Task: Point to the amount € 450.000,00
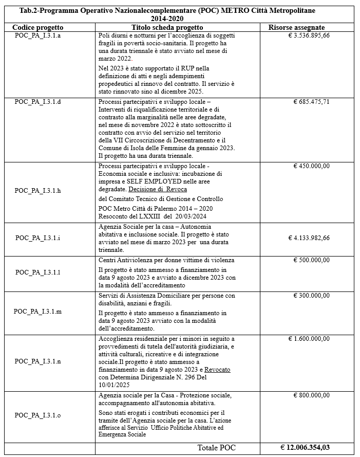point(312,166)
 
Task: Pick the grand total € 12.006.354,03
point(305,448)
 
